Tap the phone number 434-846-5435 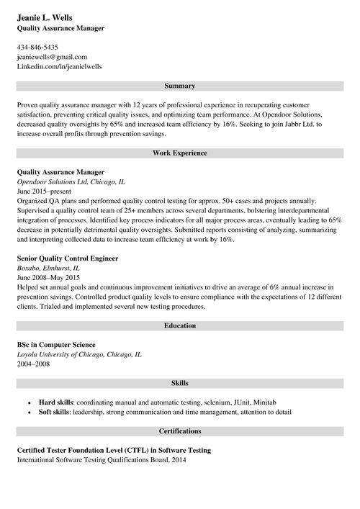click(37, 47)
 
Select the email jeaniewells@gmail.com click(52, 56)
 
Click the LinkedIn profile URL click(60, 66)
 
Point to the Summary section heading click(179, 86)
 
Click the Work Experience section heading click(179, 153)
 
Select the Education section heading click(179, 325)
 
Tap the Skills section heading click(179, 382)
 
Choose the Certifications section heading click(179, 431)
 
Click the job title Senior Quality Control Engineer click(68, 258)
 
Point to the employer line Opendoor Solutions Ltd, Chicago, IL click(71, 182)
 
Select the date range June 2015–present click(45, 192)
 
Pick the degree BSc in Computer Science click(56, 345)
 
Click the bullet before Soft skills click(29, 412)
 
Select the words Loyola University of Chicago click(61, 354)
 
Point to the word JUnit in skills click(243, 402)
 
